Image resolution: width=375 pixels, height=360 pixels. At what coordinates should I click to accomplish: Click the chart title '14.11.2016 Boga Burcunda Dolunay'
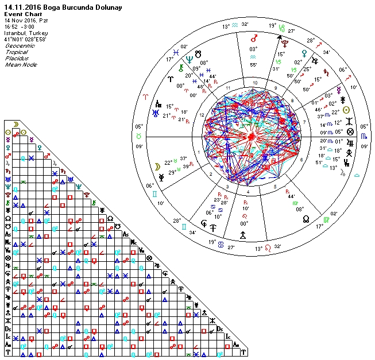(55, 7)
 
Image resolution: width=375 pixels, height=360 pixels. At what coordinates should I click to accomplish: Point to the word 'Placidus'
(17, 58)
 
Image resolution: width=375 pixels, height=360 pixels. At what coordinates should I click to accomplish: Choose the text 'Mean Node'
(19, 64)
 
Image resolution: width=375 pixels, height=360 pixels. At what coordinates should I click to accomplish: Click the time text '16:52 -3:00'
(20, 27)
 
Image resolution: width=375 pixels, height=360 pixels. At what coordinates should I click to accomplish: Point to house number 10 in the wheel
(253, 83)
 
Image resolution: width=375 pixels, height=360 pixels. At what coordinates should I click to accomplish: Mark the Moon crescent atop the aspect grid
(16, 123)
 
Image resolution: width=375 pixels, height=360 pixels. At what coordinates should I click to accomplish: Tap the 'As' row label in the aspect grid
(7, 234)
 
